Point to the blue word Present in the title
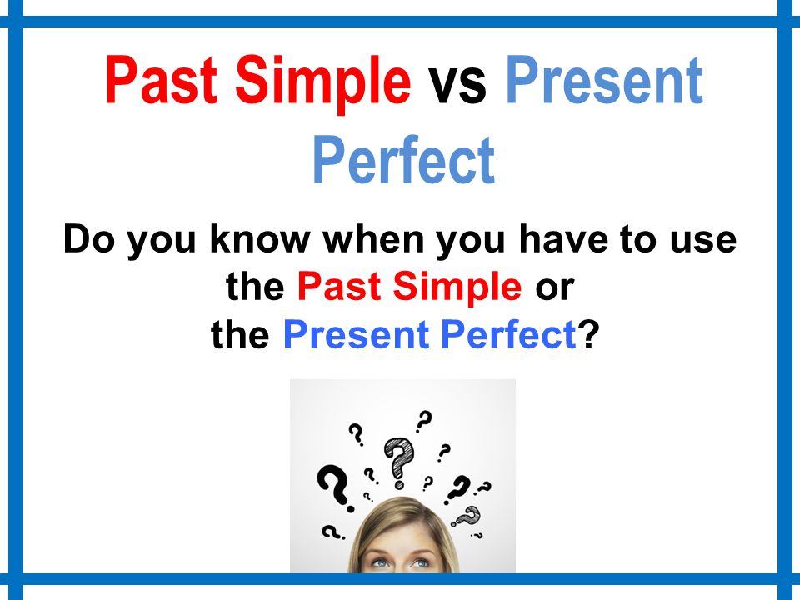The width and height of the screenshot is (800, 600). click(604, 81)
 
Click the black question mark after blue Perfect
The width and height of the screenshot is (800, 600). click(588, 336)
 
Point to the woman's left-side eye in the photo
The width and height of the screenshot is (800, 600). click(380, 563)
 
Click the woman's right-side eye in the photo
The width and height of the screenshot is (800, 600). click(421, 563)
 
